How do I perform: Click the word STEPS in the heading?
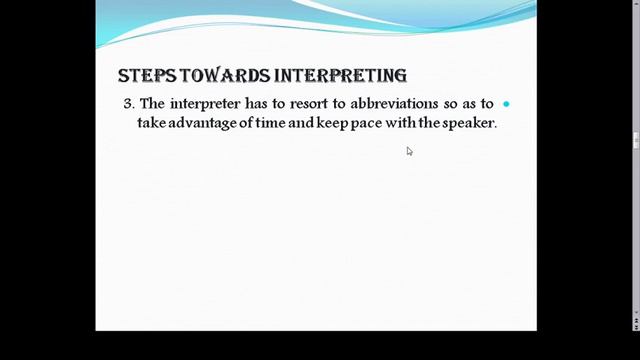[141, 76]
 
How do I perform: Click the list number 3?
[128, 104]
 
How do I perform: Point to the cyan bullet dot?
[506, 104]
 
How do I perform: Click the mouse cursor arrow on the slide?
[409, 151]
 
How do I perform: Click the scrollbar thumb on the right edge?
[636, 140]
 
